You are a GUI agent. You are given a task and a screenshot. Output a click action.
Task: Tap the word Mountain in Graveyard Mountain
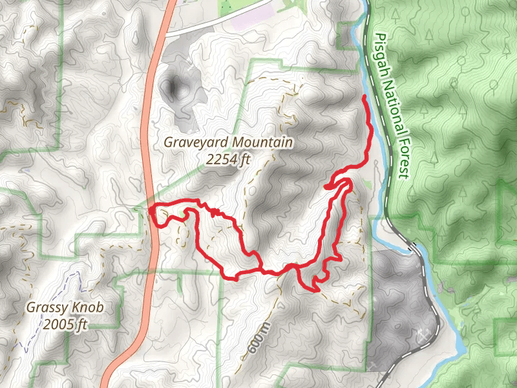tap(261, 142)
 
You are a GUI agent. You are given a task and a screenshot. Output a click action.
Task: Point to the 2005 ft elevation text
tap(65, 323)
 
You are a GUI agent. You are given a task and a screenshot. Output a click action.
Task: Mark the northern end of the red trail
tap(365, 96)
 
